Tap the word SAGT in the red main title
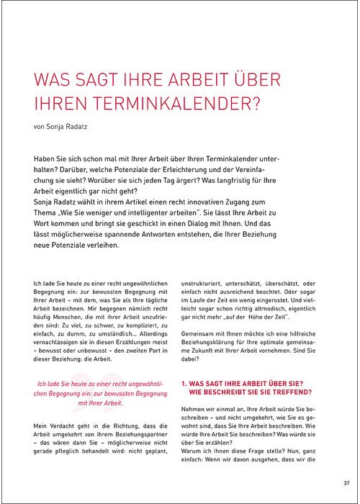coord(96,79)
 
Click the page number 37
coord(346,483)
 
